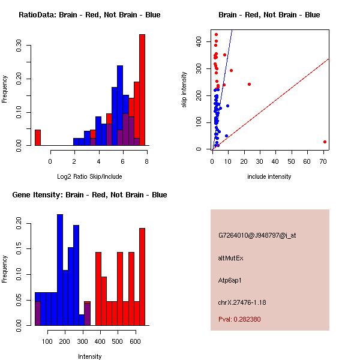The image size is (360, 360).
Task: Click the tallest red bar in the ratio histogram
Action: coord(142,90)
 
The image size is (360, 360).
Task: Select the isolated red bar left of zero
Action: coord(38,137)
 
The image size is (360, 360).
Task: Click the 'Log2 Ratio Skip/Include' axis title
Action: coord(89,176)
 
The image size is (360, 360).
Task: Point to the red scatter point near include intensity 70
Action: coord(325,142)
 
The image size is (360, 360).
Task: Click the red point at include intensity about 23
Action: coord(249,84)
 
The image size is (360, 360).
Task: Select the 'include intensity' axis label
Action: coord(269,176)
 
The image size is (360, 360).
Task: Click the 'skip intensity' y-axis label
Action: coord(184,90)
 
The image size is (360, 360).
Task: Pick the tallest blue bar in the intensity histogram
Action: coord(60,270)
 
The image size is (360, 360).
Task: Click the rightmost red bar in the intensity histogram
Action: coord(142,276)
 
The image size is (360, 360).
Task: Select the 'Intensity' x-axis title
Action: coord(89,356)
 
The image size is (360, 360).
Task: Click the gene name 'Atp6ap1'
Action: coord(230,280)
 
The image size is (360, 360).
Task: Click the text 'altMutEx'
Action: coord(231,258)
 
